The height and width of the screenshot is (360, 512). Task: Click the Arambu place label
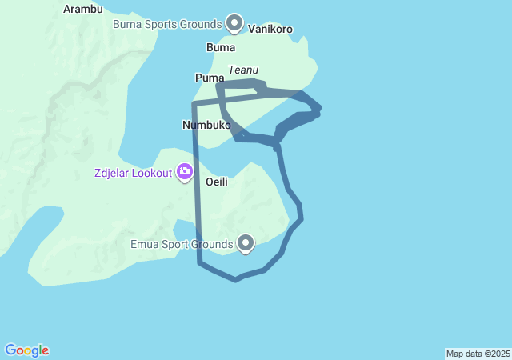pos(83,10)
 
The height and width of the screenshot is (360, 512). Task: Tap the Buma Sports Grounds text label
pos(166,24)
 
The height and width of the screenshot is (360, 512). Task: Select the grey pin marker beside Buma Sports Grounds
pos(234,23)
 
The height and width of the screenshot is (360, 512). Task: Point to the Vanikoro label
pos(270,30)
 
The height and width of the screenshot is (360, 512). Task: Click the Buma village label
pos(221,48)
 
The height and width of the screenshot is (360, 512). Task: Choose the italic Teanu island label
pos(243,70)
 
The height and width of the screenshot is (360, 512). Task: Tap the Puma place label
pos(209,78)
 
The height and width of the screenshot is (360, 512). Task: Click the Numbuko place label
pos(206,126)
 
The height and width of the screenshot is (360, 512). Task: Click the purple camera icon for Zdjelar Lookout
pos(185,171)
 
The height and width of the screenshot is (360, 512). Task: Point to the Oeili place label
pos(217,182)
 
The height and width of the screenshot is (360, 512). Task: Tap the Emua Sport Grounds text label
pos(182,243)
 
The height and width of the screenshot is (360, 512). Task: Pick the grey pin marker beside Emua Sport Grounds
pos(246,242)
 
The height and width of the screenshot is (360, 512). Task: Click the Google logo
pos(27,350)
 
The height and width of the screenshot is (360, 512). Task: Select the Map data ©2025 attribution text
pos(478,354)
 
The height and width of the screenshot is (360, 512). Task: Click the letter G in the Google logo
pos(10,350)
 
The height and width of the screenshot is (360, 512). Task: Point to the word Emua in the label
pos(145,243)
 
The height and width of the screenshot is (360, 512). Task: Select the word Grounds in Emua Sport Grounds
pos(213,243)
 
